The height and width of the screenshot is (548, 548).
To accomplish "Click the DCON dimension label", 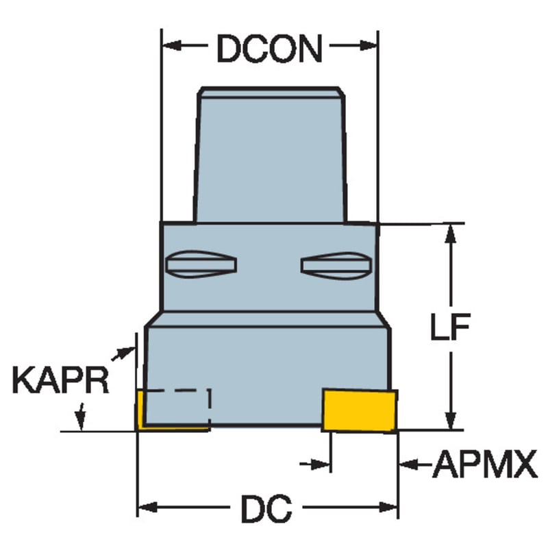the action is coord(269,48).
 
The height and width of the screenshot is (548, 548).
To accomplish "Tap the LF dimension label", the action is coord(451,327).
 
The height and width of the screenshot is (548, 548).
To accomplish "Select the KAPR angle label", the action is coord(60,380).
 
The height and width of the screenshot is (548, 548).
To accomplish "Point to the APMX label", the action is coord(485,464).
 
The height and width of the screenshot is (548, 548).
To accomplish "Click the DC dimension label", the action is coord(266,508).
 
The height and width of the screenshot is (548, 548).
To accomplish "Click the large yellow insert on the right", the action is coord(360,411).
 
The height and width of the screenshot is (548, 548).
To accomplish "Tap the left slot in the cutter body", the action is coord(201,264).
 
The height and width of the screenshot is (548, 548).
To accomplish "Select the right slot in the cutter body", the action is coord(336,266).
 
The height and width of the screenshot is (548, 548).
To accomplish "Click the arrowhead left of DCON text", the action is coord(173,45).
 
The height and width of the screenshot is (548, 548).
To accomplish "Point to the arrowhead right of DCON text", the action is coord(368,45).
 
